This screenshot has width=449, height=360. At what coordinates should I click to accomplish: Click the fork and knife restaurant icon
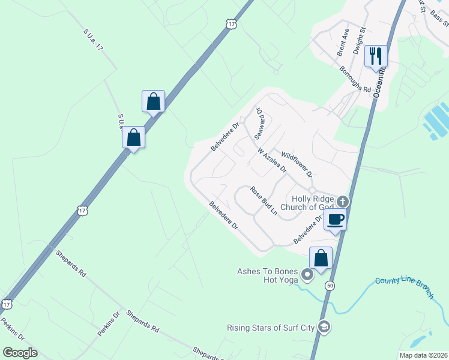click(x=375, y=56)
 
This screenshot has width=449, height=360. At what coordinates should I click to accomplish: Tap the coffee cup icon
click(x=336, y=220)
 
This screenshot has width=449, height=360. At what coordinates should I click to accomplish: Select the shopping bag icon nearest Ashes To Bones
click(x=321, y=259)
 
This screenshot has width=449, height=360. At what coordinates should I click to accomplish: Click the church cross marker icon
click(x=343, y=202)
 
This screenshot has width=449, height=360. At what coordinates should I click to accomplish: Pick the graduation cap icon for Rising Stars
click(x=324, y=328)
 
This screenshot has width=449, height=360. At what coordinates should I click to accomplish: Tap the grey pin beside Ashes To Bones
click(x=308, y=275)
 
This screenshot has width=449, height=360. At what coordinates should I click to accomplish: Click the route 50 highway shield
click(x=330, y=286)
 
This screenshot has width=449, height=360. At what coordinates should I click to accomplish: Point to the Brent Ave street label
click(x=343, y=43)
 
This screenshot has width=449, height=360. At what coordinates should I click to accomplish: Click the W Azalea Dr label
click(x=271, y=161)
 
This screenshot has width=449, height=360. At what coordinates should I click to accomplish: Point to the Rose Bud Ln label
click(x=264, y=201)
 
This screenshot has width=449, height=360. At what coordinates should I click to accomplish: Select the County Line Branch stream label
click(x=404, y=286)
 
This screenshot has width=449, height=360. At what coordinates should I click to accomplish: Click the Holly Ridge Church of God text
click(x=312, y=203)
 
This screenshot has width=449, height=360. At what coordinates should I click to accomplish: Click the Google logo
click(x=20, y=352)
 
